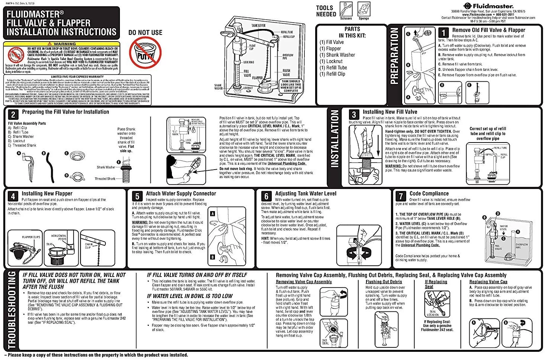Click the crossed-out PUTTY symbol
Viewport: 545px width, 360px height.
(145, 55)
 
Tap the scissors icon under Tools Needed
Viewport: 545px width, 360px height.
(346, 9)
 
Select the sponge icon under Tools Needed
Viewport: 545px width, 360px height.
(364, 9)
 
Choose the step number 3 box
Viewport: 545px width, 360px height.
(354, 114)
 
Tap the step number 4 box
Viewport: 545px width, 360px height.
(13, 196)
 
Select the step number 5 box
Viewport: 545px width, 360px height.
(137, 196)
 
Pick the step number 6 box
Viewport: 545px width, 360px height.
(266, 196)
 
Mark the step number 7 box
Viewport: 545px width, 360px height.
(401, 196)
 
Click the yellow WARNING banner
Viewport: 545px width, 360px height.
(62, 44)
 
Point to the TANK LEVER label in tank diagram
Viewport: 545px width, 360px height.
(258, 26)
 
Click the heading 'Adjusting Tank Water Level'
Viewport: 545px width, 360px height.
(306, 193)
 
